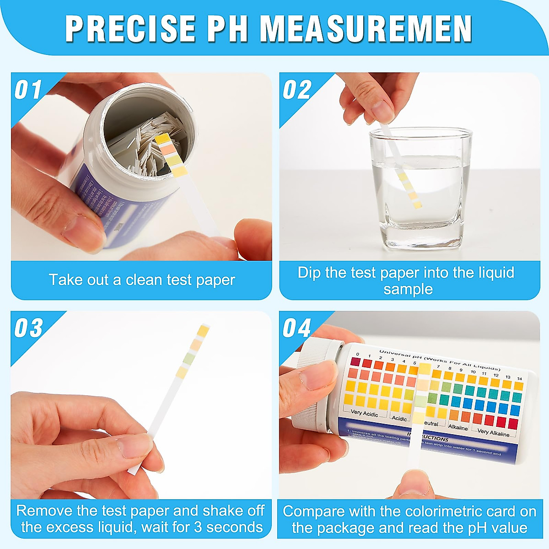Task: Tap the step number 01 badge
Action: (x=28, y=90)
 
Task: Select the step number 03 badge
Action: (x=28, y=328)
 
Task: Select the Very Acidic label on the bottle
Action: (x=364, y=413)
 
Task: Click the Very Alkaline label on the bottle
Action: (x=493, y=432)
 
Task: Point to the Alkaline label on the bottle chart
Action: (x=458, y=428)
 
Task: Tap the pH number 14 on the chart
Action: (x=519, y=379)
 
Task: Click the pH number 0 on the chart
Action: (x=357, y=355)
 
